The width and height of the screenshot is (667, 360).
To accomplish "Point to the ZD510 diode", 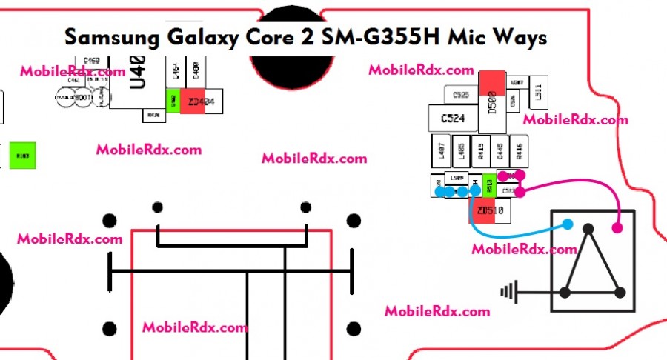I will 490,211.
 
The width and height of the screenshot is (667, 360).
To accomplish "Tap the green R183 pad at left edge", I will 22,156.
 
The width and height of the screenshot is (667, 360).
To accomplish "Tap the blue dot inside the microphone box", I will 568,224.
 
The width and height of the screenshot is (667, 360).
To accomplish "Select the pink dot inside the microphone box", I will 618,228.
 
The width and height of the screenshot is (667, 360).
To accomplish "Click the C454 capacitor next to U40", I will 176,71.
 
